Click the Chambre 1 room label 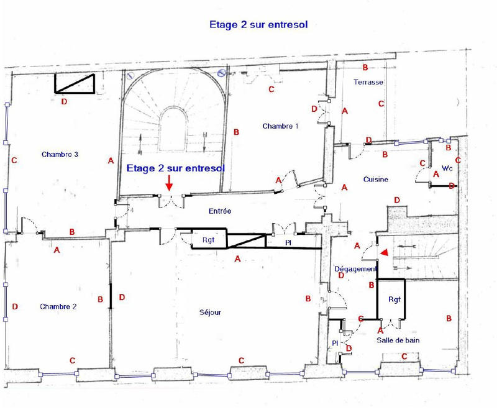280,126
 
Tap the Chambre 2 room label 58,307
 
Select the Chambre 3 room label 60,155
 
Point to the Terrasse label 368,82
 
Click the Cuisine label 376,180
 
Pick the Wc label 447,168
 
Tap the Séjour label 210,312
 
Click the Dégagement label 356,269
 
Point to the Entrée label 220,211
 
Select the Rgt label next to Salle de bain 395,299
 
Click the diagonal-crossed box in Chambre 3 75,83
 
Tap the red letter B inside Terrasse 365,67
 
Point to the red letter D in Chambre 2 14,307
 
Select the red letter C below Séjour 241,361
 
